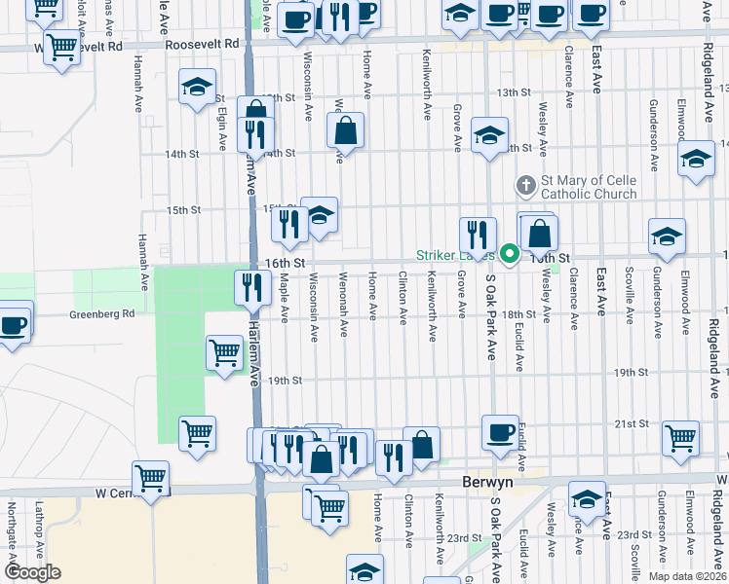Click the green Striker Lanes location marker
(509, 256)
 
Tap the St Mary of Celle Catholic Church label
(589, 187)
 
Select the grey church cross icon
(525, 183)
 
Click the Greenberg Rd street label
(101, 314)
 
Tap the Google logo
(32, 571)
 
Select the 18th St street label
(519, 314)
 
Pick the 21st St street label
(631, 423)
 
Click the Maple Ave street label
(284, 298)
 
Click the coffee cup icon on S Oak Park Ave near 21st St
(501, 432)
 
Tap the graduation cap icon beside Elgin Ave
(197, 86)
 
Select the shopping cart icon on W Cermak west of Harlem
(151, 477)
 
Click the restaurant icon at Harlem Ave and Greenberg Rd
(252, 287)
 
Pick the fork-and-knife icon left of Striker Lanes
(478, 234)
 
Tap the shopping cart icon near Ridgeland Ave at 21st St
(680, 437)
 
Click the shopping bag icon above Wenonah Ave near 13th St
(345, 129)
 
